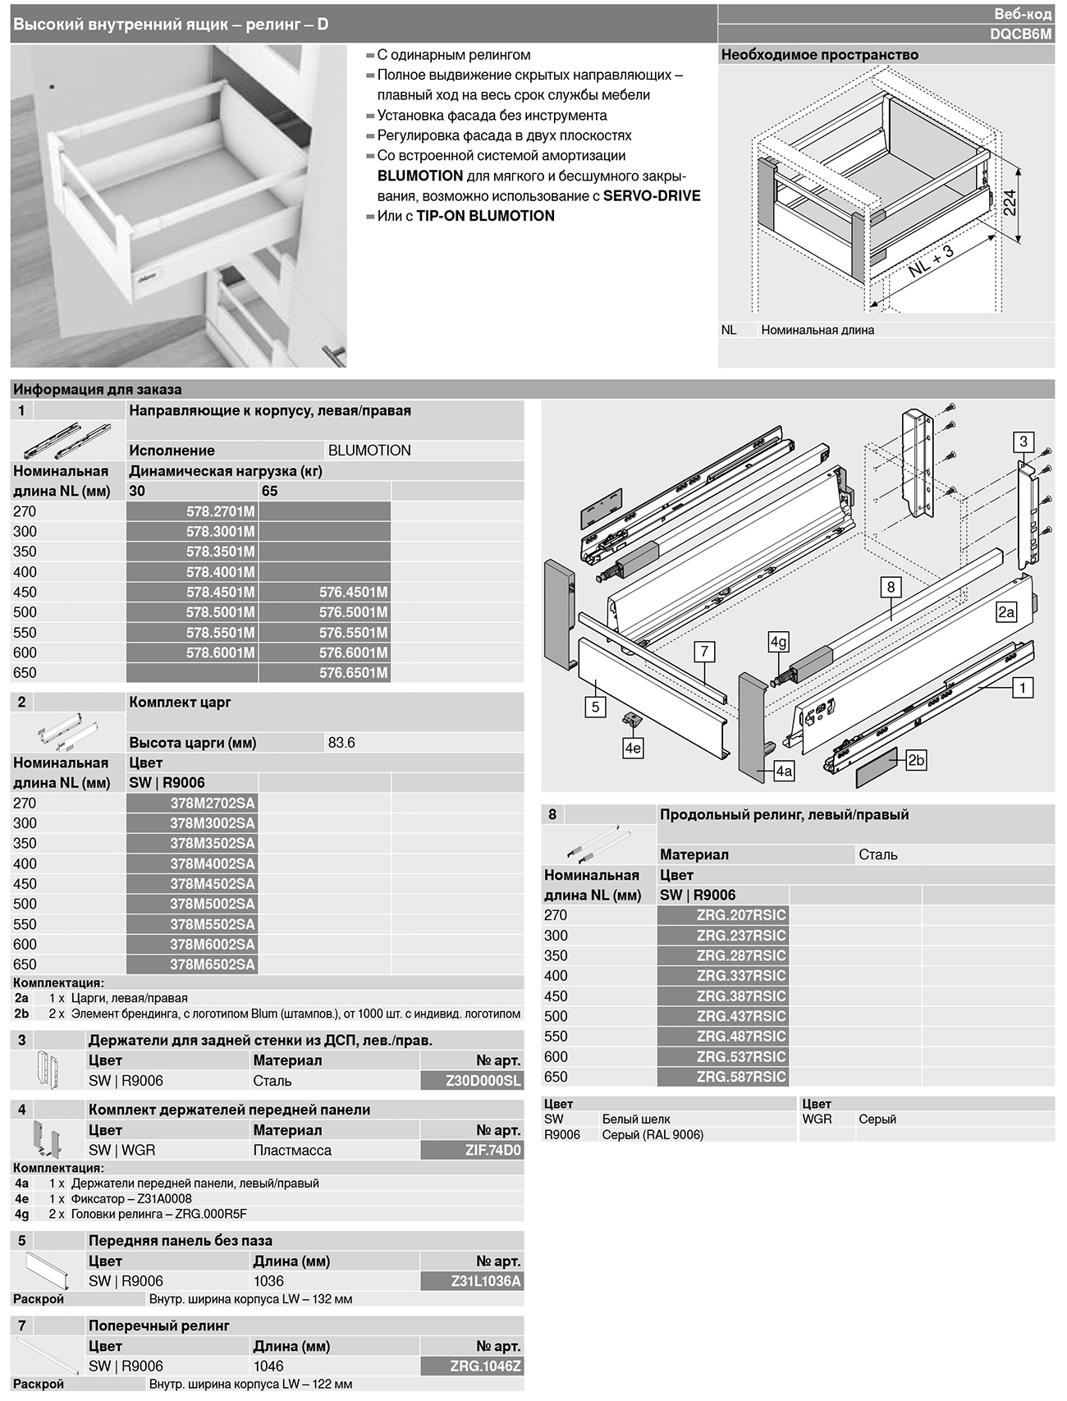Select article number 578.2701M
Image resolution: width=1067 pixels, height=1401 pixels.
220,511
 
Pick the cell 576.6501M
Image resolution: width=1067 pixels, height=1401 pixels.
353,673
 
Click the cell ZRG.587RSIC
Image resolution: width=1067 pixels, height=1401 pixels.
740,1077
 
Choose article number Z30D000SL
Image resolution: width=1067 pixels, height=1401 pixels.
483,1081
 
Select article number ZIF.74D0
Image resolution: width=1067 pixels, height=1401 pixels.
492,1150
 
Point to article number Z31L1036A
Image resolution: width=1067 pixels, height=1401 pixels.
486,1281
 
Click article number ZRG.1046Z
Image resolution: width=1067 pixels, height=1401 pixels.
486,1367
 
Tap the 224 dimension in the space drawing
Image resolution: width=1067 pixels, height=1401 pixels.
1010,202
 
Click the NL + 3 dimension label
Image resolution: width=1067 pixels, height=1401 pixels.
931,262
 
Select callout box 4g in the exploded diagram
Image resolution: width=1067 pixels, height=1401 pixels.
778,642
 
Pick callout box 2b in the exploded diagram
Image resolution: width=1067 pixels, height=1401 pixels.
916,760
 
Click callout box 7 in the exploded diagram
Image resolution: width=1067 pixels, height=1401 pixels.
704,652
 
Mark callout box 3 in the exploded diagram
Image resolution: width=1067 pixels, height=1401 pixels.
1023,442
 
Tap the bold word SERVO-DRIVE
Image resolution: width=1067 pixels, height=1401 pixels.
652,195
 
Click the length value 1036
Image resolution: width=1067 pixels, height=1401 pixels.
268,1281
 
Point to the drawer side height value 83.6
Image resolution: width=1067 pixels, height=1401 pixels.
341,743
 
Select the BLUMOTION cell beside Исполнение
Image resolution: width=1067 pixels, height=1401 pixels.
369,451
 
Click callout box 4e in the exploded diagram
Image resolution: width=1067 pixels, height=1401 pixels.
633,749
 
